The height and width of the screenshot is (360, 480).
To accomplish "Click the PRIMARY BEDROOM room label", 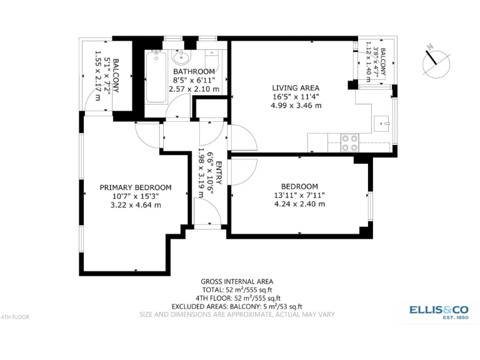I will (x=136, y=187).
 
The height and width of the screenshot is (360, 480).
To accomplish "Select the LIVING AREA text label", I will (x=296, y=87).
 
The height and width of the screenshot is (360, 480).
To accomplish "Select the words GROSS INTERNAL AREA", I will (x=237, y=282).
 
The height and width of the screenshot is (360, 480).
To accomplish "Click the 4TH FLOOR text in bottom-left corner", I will (x=16, y=317).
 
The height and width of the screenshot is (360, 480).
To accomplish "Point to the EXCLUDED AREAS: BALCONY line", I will (x=237, y=306).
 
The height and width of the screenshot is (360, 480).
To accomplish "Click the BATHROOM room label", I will (x=194, y=72).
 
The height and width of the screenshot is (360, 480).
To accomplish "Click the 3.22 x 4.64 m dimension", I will (x=136, y=204).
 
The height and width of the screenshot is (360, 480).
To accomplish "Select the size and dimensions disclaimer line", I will (x=237, y=314).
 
